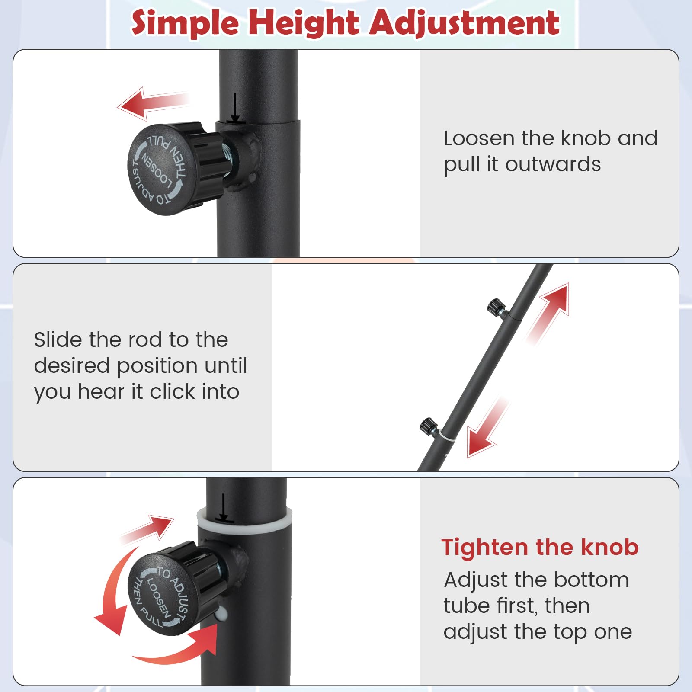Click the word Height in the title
pyautogui.click(x=304, y=23)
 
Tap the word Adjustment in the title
pyautogui.click(x=465, y=23)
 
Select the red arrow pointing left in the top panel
pyautogui.click(x=153, y=103)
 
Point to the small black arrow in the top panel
pyautogui.click(x=235, y=107)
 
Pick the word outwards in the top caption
pyautogui.click(x=553, y=164)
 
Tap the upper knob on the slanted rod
pyautogui.click(x=497, y=308)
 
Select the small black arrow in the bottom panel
pyautogui.click(x=223, y=508)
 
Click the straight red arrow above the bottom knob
pyautogui.click(x=147, y=529)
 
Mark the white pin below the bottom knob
pyautogui.click(x=221, y=613)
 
